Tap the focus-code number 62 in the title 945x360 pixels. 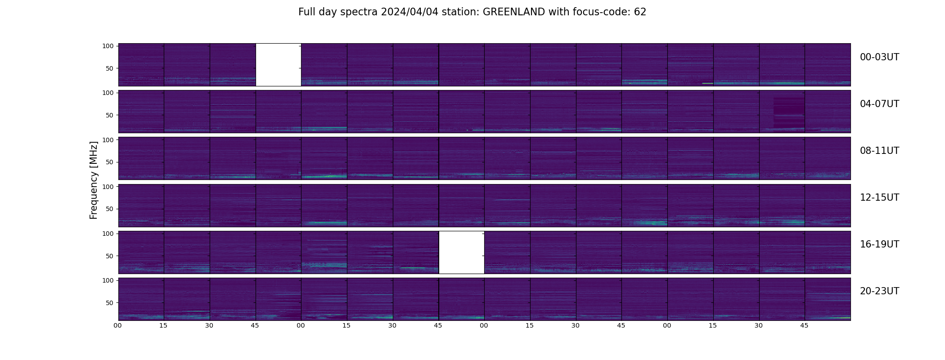[640, 12]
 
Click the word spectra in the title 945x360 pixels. [359, 12]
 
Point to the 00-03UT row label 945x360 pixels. [879, 57]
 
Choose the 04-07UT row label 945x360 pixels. [879, 104]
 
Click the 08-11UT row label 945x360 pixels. [879, 151]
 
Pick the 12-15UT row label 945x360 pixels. [879, 198]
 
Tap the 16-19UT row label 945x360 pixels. [879, 244]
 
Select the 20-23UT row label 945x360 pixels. [879, 291]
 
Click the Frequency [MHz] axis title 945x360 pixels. [94, 180]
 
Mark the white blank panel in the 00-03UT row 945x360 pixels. [278, 64]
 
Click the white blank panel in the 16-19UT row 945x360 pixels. [461, 252]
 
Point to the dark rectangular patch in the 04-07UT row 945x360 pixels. [788, 112]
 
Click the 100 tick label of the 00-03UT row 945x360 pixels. [108, 46]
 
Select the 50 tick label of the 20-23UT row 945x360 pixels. [109, 303]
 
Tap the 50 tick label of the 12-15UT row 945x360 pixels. [109, 209]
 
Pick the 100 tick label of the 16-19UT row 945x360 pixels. [108, 234]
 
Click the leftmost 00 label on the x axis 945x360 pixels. [117, 325]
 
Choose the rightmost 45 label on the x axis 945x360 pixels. [804, 325]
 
